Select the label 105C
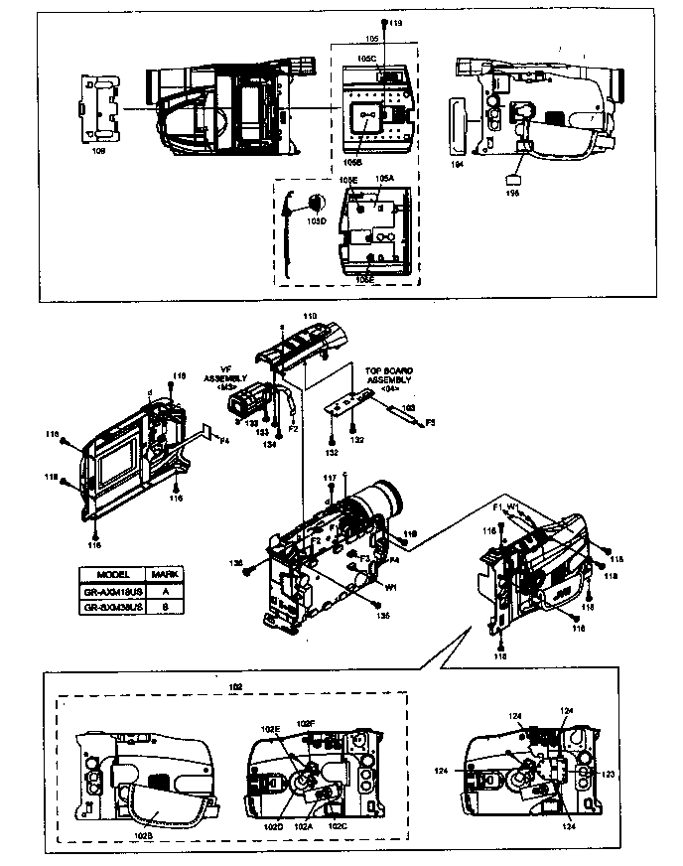point(366,60)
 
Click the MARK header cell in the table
point(163,575)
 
